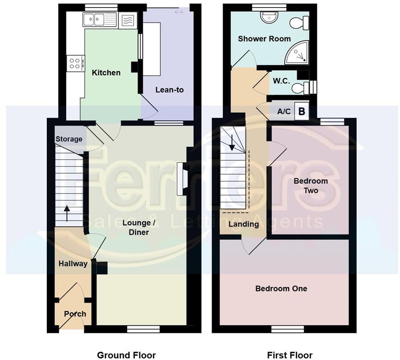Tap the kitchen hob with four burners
(76, 63)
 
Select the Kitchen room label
(106, 73)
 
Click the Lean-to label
(169, 90)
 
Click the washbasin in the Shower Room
(269, 17)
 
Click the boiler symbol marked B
(302, 111)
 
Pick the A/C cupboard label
(284, 111)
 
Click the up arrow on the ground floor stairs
(67, 213)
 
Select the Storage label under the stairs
(69, 139)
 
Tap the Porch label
(75, 314)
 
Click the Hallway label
(73, 264)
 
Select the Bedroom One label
(281, 289)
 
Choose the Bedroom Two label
(310, 186)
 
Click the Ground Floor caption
(126, 355)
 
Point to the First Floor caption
(290, 355)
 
